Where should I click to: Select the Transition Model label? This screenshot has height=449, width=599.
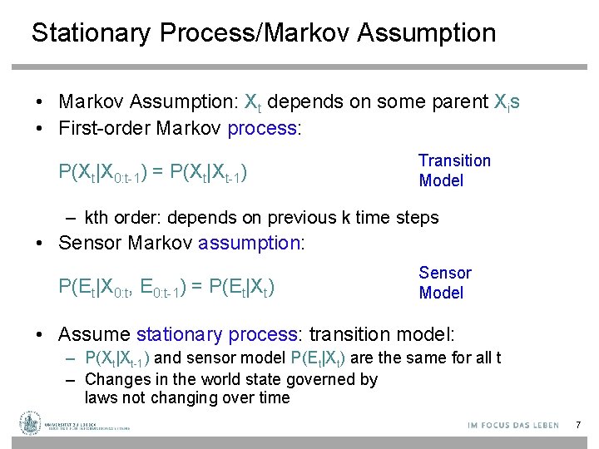pyautogui.click(x=454, y=170)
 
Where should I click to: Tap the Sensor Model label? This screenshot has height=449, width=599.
pyautogui.click(x=445, y=283)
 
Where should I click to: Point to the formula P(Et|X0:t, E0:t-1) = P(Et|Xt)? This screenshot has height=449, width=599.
pyautogui.click(x=166, y=288)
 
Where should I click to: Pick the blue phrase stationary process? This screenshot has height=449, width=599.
pyautogui.click(x=216, y=334)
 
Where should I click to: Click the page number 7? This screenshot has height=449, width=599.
pyautogui.click(x=577, y=426)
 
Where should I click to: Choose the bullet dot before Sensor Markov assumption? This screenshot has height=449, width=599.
pyautogui.click(x=39, y=243)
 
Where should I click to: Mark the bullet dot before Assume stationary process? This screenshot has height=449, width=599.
pyautogui.click(x=39, y=334)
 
